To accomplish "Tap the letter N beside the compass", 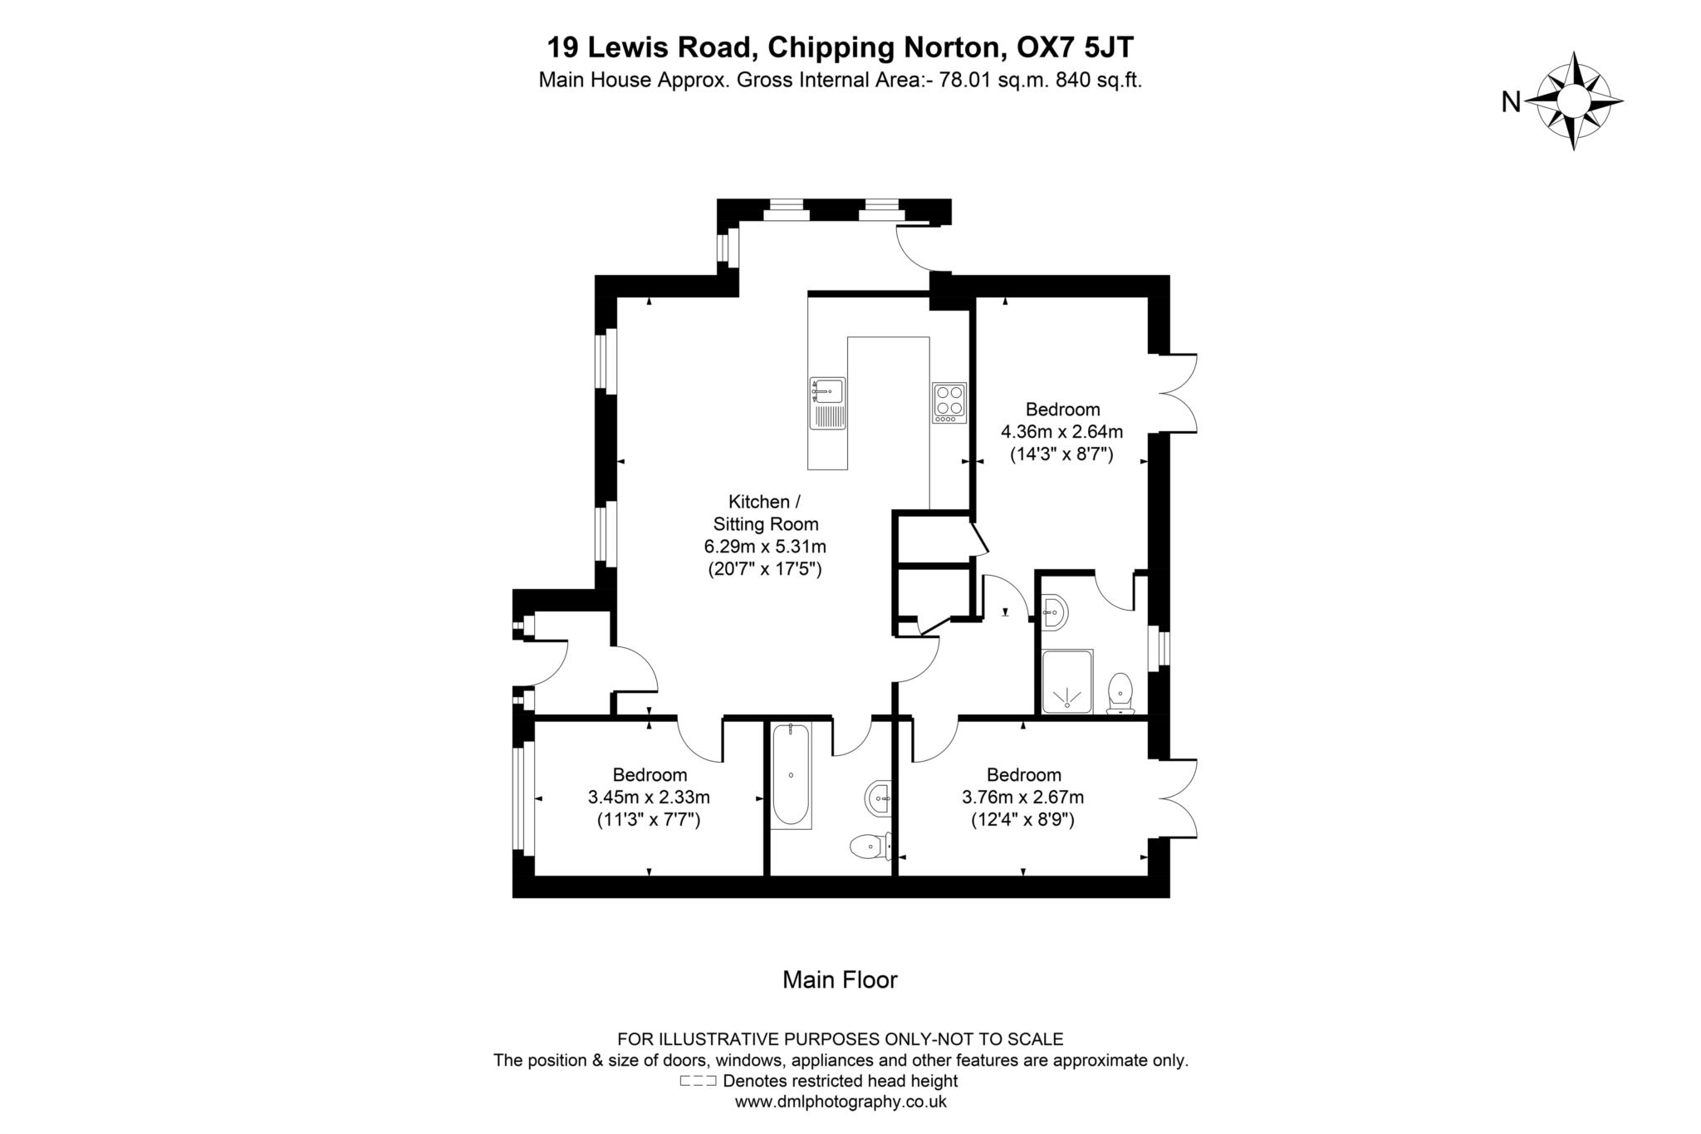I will pyautogui.click(x=1511, y=102).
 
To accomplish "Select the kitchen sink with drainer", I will pyautogui.click(x=827, y=403).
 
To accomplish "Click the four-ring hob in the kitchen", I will pyautogui.click(x=949, y=402).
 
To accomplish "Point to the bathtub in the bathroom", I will pyautogui.click(x=791, y=775).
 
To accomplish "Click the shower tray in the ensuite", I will pyautogui.click(x=1067, y=681).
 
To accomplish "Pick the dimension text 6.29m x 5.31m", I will pyautogui.click(x=765, y=547).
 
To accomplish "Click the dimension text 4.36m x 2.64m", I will pyautogui.click(x=1061, y=432).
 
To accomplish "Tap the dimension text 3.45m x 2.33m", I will pyautogui.click(x=649, y=798).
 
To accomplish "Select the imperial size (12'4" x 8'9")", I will pyautogui.click(x=1022, y=820).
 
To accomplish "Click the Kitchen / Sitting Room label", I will pyautogui.click(x=765, y=513).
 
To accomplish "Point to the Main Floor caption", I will pyautogui.click(x=840, y=980).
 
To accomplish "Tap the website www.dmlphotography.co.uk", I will pyautogui.click(x=841, y=1102).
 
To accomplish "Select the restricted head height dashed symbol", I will pyautogui.click(x=698, y=1081).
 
